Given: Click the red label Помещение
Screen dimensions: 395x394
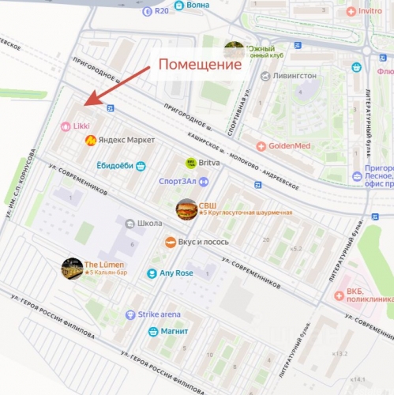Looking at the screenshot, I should pyautogui.click(x=201, y=65).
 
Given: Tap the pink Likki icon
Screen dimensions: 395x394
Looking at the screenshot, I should pyautogui.click(x=66, y=126).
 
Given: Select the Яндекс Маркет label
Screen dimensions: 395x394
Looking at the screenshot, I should pyautogui.click(x=126, y=140).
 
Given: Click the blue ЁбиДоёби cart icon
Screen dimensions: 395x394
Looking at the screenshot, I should pyautogui.click(x=141, y=166).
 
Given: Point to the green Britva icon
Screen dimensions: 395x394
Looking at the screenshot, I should pyautogui.click(x=190, y=163).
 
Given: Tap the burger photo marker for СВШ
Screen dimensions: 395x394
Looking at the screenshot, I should pyautogui.click(x=186, y=209).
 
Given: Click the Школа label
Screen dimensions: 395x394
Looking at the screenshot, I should pyautogui.click(x=149, y=224).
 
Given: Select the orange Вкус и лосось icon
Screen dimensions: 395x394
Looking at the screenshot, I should pyautogui.click(x=170, y=242).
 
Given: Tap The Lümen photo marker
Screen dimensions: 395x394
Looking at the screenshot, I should pyautogui.click(x=73, y=268).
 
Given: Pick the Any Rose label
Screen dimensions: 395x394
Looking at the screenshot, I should pyautogui.click(x=178, y=273).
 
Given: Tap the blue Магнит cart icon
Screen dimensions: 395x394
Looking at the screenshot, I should pyautogui.click(x=153, y=331).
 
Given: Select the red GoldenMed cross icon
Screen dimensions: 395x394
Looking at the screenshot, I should pyautogui.click(x=261, y=146).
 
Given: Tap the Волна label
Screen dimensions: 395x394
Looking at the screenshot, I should pyautogui.click(x=199, y=6).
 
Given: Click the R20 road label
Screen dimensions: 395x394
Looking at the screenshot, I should pyautogui.click(x=162, y=11).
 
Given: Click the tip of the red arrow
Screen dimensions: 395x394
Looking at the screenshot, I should pyautogui.click(x=84, y=106).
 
